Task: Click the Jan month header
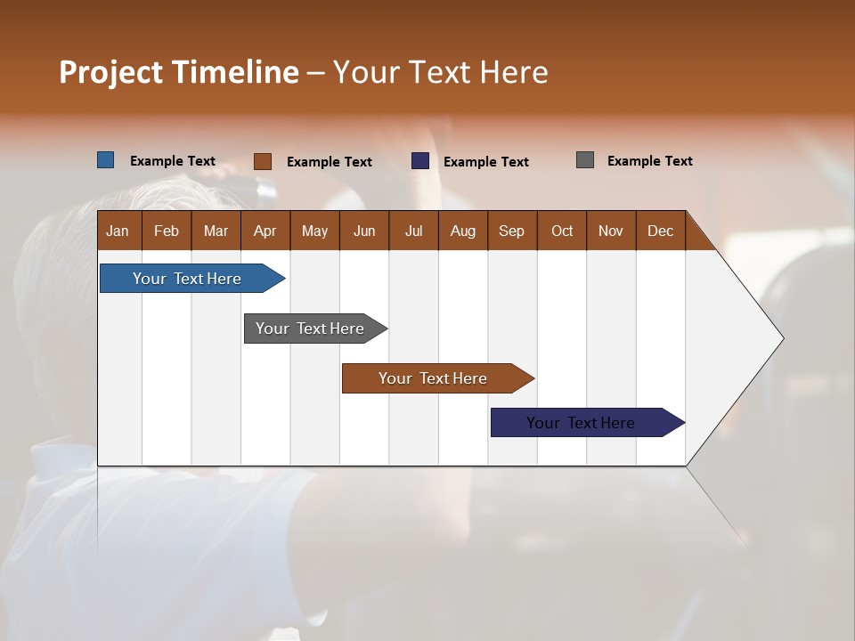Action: (118, 231)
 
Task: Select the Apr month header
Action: (265, 231)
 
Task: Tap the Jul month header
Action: (414, 231)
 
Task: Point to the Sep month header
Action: (512, 231)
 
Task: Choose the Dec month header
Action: (660, 231)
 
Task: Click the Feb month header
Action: (167, 231)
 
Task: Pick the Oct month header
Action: (562, 231)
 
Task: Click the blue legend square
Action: (105, 160)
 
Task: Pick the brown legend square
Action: (263, 161)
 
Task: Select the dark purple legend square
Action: (420, 161)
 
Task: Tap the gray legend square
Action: (585, 160)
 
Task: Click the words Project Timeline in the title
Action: (178, 72)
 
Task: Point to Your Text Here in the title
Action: (440, 72)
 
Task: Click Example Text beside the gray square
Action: (649, 160)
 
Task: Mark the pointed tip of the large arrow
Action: (782, 338)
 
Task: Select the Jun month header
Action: (364, 231)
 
